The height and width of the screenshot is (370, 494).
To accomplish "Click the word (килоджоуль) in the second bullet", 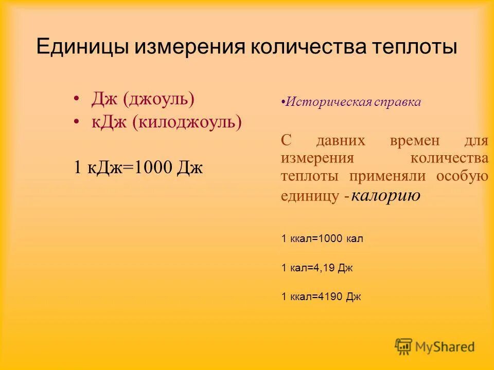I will click(x=187, y=122).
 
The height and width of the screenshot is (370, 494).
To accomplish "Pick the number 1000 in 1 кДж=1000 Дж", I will click(x=151, y=167).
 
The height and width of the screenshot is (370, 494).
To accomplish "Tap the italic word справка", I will click(x=398, y=102).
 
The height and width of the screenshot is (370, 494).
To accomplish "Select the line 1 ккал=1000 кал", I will click(x=322, y=238).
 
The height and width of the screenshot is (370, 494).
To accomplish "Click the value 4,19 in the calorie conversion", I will click(x=324, y=268).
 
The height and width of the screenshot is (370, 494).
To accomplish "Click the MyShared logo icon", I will click(x=404, y=347).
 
